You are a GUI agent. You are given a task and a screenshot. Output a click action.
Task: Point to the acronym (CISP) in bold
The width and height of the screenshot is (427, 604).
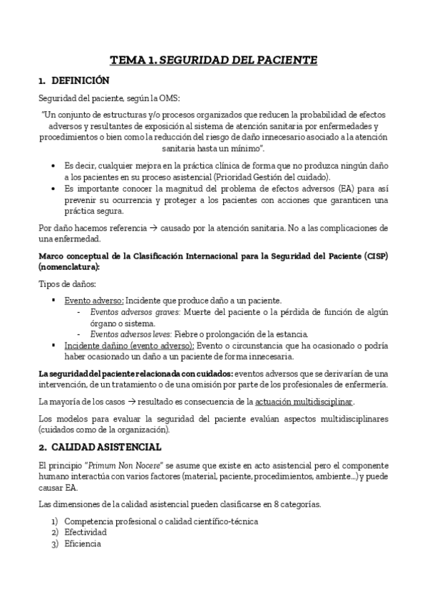tap(372, 256)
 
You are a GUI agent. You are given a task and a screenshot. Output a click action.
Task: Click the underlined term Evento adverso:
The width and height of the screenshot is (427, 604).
tap(94, 300)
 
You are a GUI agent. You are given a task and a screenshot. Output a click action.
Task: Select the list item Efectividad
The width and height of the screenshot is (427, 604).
tap(86, 532)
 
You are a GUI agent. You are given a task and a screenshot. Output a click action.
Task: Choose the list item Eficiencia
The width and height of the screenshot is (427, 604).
tap(83, 543)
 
